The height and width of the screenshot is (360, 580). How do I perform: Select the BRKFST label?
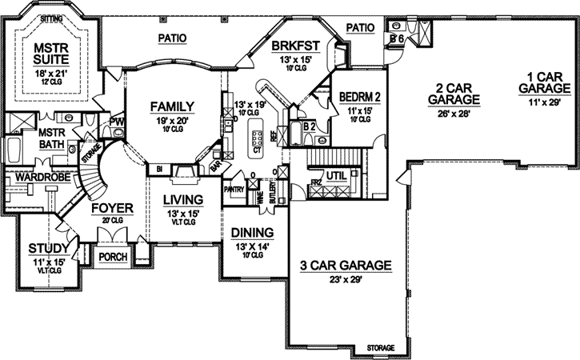[290, 46]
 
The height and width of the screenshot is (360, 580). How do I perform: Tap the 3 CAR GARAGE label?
[344, 265]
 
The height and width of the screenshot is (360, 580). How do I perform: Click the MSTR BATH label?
[51, 138]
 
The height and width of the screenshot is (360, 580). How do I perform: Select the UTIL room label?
[334, 175]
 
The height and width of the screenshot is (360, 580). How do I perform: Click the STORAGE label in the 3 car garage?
[381, 348]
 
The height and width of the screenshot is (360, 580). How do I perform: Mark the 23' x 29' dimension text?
[344, 280]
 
